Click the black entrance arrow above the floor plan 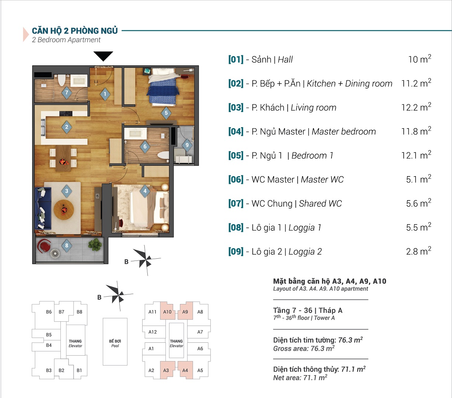(103, 56)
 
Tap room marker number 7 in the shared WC (66, 92)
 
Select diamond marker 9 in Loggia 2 (187, 145)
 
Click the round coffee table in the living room (64, 210)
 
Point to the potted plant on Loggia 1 (95, 244)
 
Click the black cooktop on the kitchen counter (66, 114)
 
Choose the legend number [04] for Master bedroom (236, 132)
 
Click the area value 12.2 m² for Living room (416, 107)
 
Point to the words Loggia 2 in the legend (305, 252)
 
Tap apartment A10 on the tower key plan (167, 312)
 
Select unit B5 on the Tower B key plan (49, 335)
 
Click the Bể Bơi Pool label (115, 343)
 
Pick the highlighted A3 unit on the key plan (166, 370)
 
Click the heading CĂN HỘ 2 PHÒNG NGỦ (75, 31)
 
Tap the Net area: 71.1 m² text (300, 378)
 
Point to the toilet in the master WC (163, 155)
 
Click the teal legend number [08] (236, 227)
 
